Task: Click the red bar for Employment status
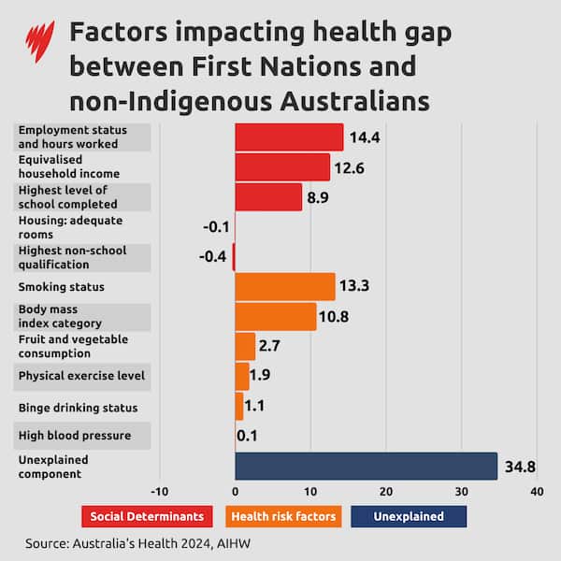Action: click(289, 137)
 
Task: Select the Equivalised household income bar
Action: click(282, 166)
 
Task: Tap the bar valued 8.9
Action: click(268, 196)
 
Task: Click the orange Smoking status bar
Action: click(285, 286)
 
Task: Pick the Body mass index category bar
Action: click(276, 316)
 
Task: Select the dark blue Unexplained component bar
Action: click(366, 466)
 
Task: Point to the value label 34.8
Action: click(521, 466)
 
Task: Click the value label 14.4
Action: click(365, 137)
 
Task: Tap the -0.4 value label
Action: click(214, 256)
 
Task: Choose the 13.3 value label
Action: click(355, 286)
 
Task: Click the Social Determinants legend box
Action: click(148, 516)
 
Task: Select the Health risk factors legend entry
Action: click(282, 516)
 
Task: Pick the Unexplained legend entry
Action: click(409, 516)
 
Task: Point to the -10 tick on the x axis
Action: click(159, 491)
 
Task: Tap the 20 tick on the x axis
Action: click(385, 491)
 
